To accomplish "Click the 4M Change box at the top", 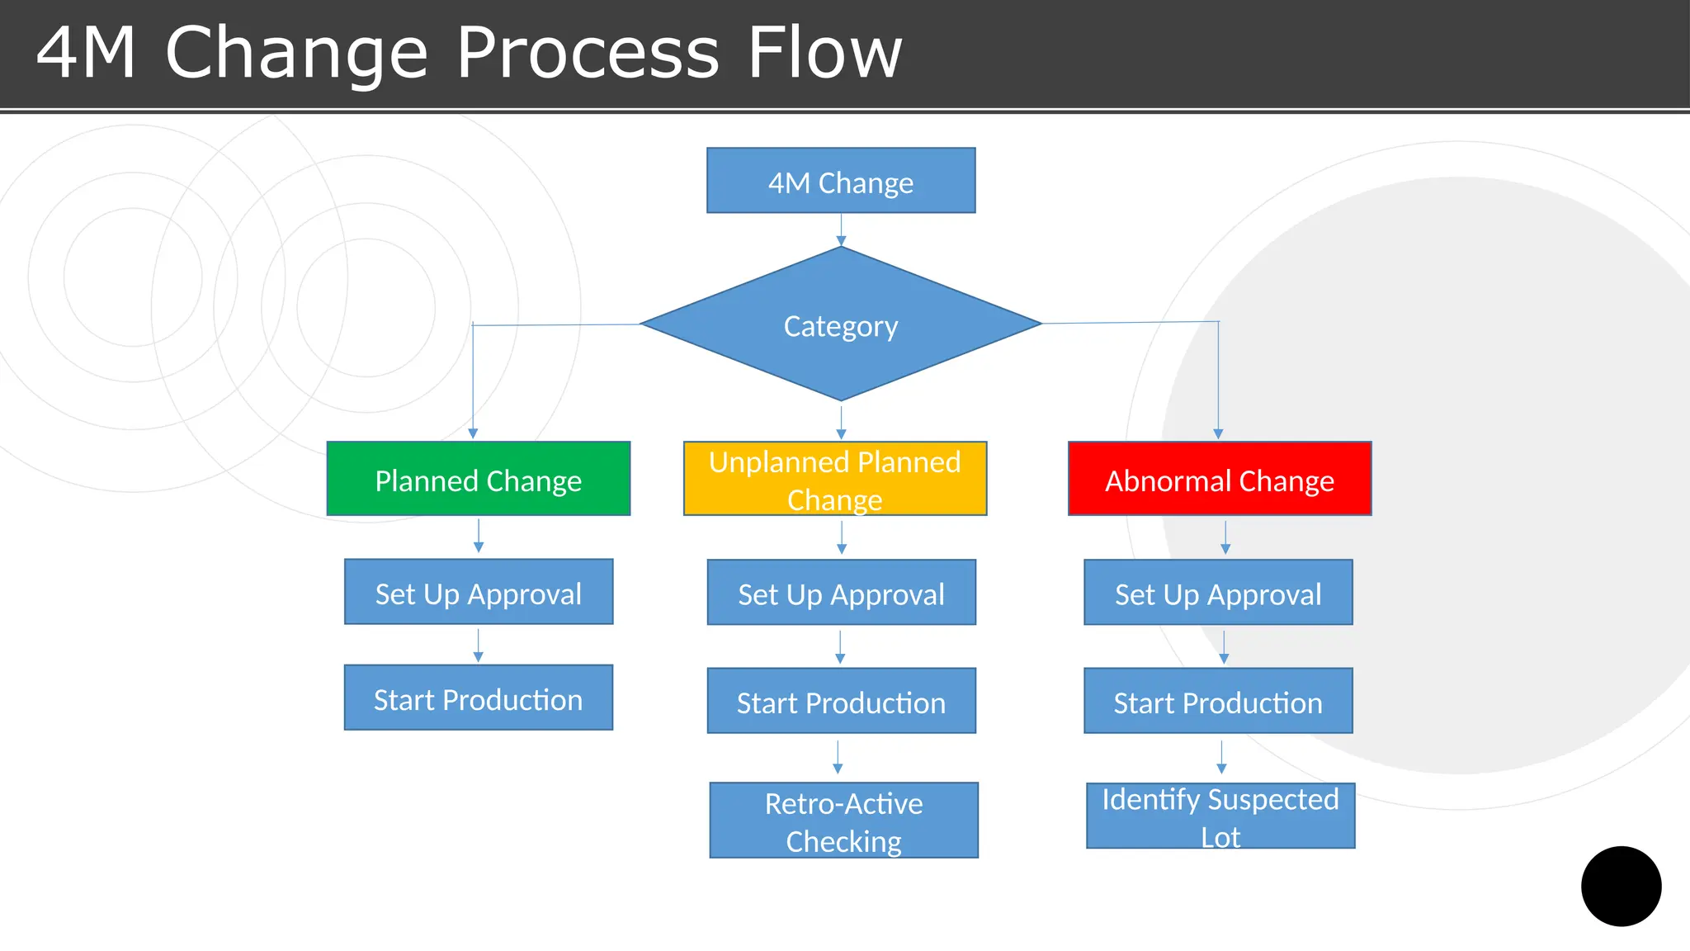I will [841, 181].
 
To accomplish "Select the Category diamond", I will [841, 324].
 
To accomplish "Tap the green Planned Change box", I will [479, 479].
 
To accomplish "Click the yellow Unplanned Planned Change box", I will [835, 479].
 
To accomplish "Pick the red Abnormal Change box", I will [1220, 479].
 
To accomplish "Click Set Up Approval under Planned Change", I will [479, 592].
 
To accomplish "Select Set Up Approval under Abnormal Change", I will [1218, 593].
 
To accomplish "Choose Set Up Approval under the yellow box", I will [841, 593].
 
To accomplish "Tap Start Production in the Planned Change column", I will [479, 698].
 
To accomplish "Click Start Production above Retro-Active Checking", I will [841, 701].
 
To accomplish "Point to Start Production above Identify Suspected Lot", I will [1218, 701].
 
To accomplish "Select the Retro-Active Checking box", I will [843, 821].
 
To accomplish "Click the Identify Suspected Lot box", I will [1220, 816].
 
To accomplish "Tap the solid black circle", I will [1621, 886].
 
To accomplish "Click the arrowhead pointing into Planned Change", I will [473, 433].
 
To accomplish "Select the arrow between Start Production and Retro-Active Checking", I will [838, 757].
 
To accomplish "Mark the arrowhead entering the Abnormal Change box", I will [1218, 433].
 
